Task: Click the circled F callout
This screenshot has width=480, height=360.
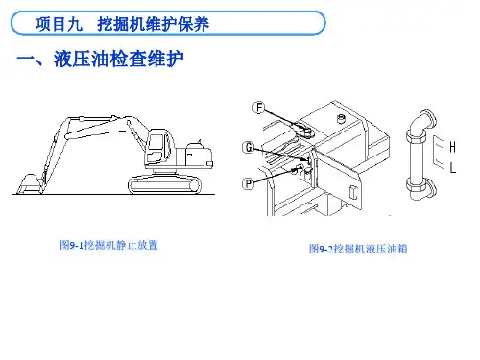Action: click(x=259, y=108)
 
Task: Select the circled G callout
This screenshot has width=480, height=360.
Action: click(x=249, y=148)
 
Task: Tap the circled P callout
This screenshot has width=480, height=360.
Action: click(x=248, y=183)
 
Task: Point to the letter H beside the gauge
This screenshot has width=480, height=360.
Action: click(x=452, y=147)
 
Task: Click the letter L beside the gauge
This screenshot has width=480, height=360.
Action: click(x=453, y=167)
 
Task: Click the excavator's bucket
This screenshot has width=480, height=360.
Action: click(x=30, y=184)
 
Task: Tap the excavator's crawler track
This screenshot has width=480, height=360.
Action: click(x=165, y=184)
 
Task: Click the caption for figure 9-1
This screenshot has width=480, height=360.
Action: click(x=108, y=245)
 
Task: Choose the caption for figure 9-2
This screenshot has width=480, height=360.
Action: click(x=358, y=249)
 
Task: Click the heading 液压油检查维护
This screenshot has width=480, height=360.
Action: click(x=119, y=60)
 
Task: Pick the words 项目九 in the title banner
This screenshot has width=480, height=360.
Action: click(x=59, y=24)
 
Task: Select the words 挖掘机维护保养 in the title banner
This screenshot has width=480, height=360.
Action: click(x=154, y=24)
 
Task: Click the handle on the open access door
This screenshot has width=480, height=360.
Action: click(x=353, y=192)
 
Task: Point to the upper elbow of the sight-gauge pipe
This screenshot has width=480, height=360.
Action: click(x=422, y=121)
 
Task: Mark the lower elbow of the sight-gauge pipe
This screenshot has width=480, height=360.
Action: click(x=421, y=189)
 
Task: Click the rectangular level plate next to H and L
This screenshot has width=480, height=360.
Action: click(x=439, y=151)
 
